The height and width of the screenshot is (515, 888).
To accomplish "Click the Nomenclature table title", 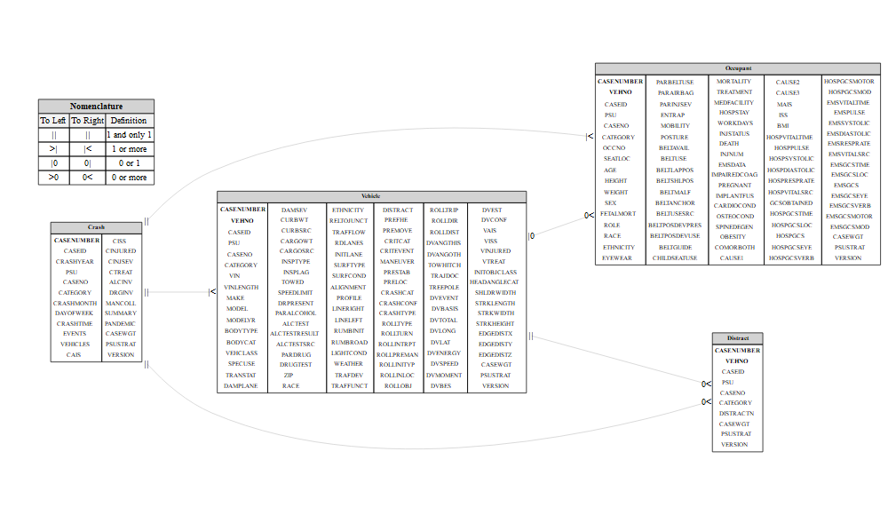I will pyautogui.click(x=96, y=107).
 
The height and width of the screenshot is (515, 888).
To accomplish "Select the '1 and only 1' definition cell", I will pyautogui.click(x=129, y=135).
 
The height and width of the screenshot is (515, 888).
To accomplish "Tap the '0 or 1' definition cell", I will pyautogui.click(x=129, y=163).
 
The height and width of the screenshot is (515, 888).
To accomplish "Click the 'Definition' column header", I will pyautogui.click(x=129, y=121).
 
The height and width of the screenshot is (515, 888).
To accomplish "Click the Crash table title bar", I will pyautogui.click(x=96, y=228).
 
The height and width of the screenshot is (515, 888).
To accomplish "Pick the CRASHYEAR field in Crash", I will pyautogui.click(x=75, y=262).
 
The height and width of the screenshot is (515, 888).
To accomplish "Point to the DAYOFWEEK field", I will pyautogui.click(x=75, y=313).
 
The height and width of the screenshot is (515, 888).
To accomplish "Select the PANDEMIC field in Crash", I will pyautogui.click(x=121, y=324).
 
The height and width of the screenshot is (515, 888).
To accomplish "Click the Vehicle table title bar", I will pyautogui.click(x=371, y=196).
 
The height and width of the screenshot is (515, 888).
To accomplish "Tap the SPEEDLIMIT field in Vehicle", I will pyautogui.click(x=296, y=292).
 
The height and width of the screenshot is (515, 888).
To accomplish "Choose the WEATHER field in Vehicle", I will pyautogui.click(x=349, y=364).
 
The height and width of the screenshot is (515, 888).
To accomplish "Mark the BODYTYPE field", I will pyautogui.click(x=241, y=330).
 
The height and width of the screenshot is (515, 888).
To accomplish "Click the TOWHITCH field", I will pyautogui.click(x=444, y=265).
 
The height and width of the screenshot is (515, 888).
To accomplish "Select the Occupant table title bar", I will pyautogui.click(x=738, y=68).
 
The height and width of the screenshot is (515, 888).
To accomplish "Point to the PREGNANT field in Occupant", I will pyautogui.click(x=734, y=185).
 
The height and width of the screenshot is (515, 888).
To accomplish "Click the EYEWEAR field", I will pyautogui.click(x=618, y=258).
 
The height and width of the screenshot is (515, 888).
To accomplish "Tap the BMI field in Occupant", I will pyautogui.click(x=783, y=126).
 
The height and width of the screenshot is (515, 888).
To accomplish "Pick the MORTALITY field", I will pyautogui.click(x=734, y=82).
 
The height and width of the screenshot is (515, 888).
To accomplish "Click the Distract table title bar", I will pyautogui.click(x=737, y=338).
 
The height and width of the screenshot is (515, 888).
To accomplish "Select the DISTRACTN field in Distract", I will pyautogui.click(x=736, y=414).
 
